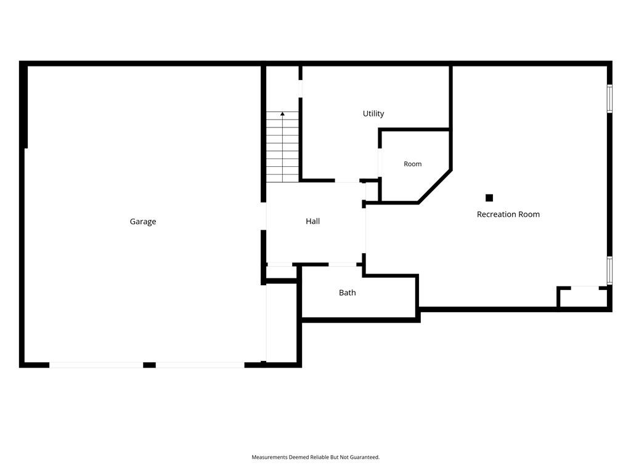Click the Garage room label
point(143,222)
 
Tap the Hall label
point(312,221)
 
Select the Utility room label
point(373,114)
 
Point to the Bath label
point(348,293)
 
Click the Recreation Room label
point(508,214)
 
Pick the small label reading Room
point(412,164)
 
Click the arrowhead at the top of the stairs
point(282,114)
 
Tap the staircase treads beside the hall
point(282,147)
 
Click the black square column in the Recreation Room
point(489,198)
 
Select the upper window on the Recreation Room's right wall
point(609,99)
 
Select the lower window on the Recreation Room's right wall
point(609,270)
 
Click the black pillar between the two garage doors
point(150,365)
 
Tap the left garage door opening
point(96,365)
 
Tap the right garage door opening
point(200,365)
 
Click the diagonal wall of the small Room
point(435,187)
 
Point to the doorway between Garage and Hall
point(264,216)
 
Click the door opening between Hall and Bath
point(343,264)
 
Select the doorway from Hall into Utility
point(348,180)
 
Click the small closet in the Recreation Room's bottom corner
point(583,297)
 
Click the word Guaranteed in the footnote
point(365,458)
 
